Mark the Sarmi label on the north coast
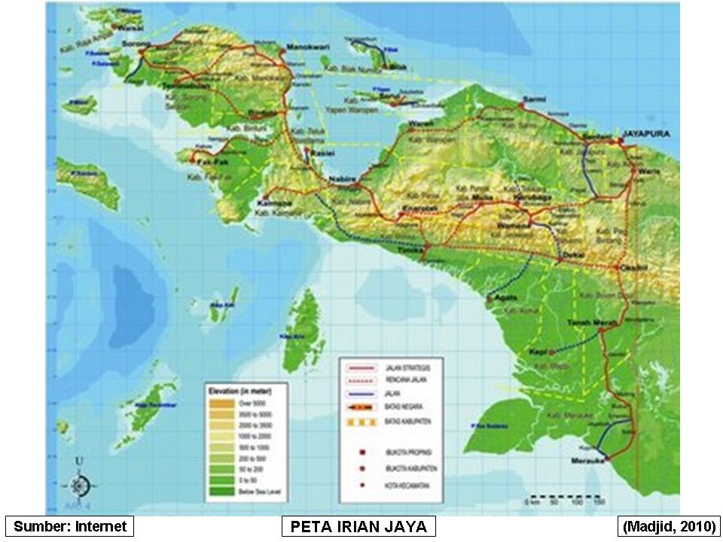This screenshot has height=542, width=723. [x=533, y=99]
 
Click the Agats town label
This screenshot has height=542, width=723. [x=506, y=297]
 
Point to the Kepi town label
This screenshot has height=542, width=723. [x=538, y=352]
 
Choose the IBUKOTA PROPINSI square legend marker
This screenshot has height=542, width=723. [x=364, y=452]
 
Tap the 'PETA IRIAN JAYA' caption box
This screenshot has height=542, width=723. [x=358, y=525]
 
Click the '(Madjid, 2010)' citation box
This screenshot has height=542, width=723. [x=667, y=525]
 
